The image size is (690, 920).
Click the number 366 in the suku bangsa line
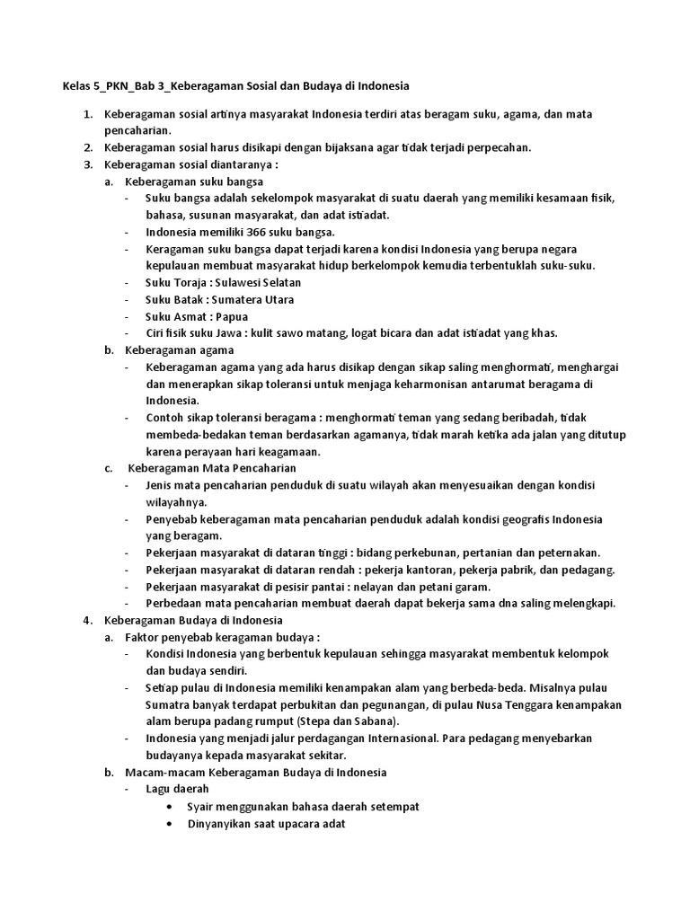coord(246,232)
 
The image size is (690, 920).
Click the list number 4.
coord(87,620)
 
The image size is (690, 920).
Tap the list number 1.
coord(87,114)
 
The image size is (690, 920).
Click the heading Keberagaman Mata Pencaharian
coord(212,468)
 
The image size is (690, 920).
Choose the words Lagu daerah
coord(178,789)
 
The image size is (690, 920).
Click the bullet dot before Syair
coord(171,807)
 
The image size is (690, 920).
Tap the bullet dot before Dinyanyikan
coord(171,824)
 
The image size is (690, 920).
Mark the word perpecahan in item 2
coord(499,147)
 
